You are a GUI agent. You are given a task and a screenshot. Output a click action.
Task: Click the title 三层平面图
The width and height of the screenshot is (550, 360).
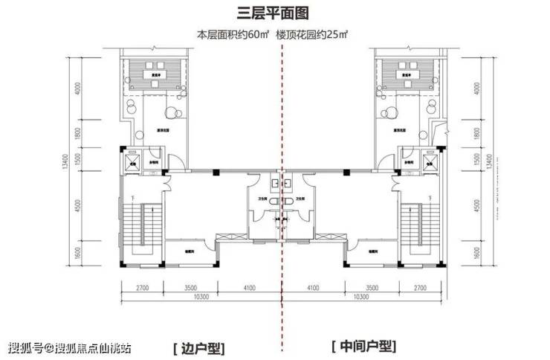(276, 13)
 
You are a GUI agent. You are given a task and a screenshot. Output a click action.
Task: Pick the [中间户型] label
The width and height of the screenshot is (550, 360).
(363, 347)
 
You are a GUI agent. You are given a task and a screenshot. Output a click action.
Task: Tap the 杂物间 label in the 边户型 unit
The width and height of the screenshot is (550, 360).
(158, 162)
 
